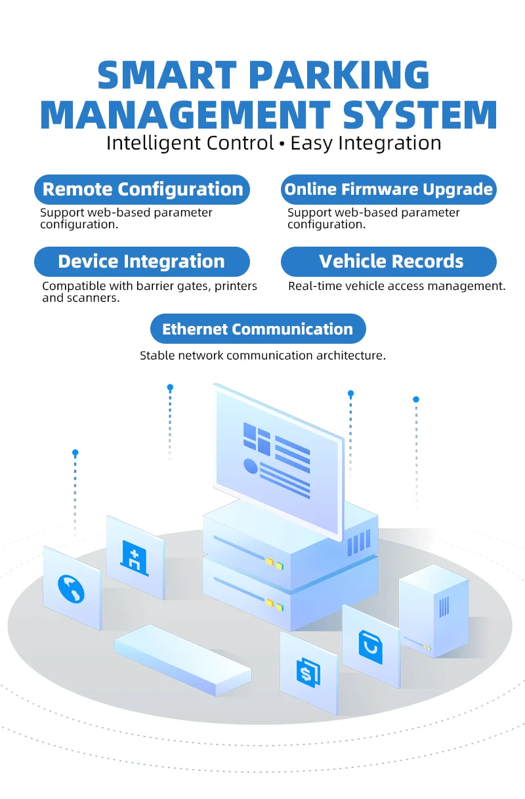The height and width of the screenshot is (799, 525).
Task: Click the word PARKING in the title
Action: tap(339, 75)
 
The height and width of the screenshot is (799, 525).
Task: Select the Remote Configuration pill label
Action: tap(142, 190)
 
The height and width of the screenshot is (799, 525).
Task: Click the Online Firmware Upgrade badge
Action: tap(388, 190)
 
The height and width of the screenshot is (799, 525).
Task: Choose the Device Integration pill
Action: tap(142, 262)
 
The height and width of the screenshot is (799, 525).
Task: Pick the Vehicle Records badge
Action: tap(388, 262)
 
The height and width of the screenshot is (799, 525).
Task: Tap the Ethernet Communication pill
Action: tap(258, 329)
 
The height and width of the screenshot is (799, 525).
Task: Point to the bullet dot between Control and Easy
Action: tap(282, 144)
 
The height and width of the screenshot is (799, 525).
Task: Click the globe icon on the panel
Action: tap(71, 589)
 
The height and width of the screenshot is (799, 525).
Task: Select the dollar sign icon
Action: tap(308, 672)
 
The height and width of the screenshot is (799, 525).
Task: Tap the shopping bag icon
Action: tap(371, 647)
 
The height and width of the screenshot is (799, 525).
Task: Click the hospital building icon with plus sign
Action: tap(134, 558)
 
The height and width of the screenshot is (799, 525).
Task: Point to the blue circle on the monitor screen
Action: tap(251, 466)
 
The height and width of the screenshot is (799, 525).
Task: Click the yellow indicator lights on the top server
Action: tap(274, 564)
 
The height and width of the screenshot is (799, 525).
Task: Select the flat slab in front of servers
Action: tap(182, 660)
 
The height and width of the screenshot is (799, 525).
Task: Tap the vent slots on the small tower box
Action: tap(444, 607)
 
